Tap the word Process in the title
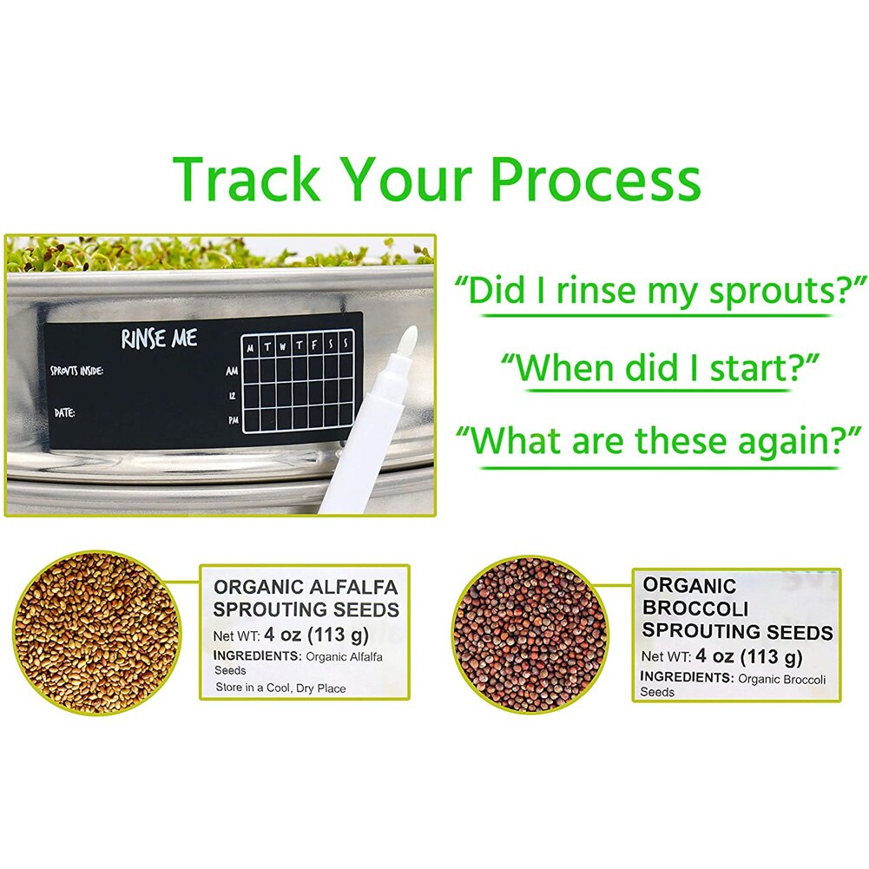click(x=595, y=179)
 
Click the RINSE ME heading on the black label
click(x=159, y=338)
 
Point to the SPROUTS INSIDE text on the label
click(x=77, y=372)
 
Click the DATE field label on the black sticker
click(x=65, y=412)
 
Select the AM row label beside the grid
click(x=232, y=371)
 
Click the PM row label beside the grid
click(x=232, y=419)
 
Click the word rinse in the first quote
click(x=599, y=292)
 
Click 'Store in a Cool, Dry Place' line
click(x=280, y=688)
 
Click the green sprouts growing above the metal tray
click(x=217, y=251)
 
